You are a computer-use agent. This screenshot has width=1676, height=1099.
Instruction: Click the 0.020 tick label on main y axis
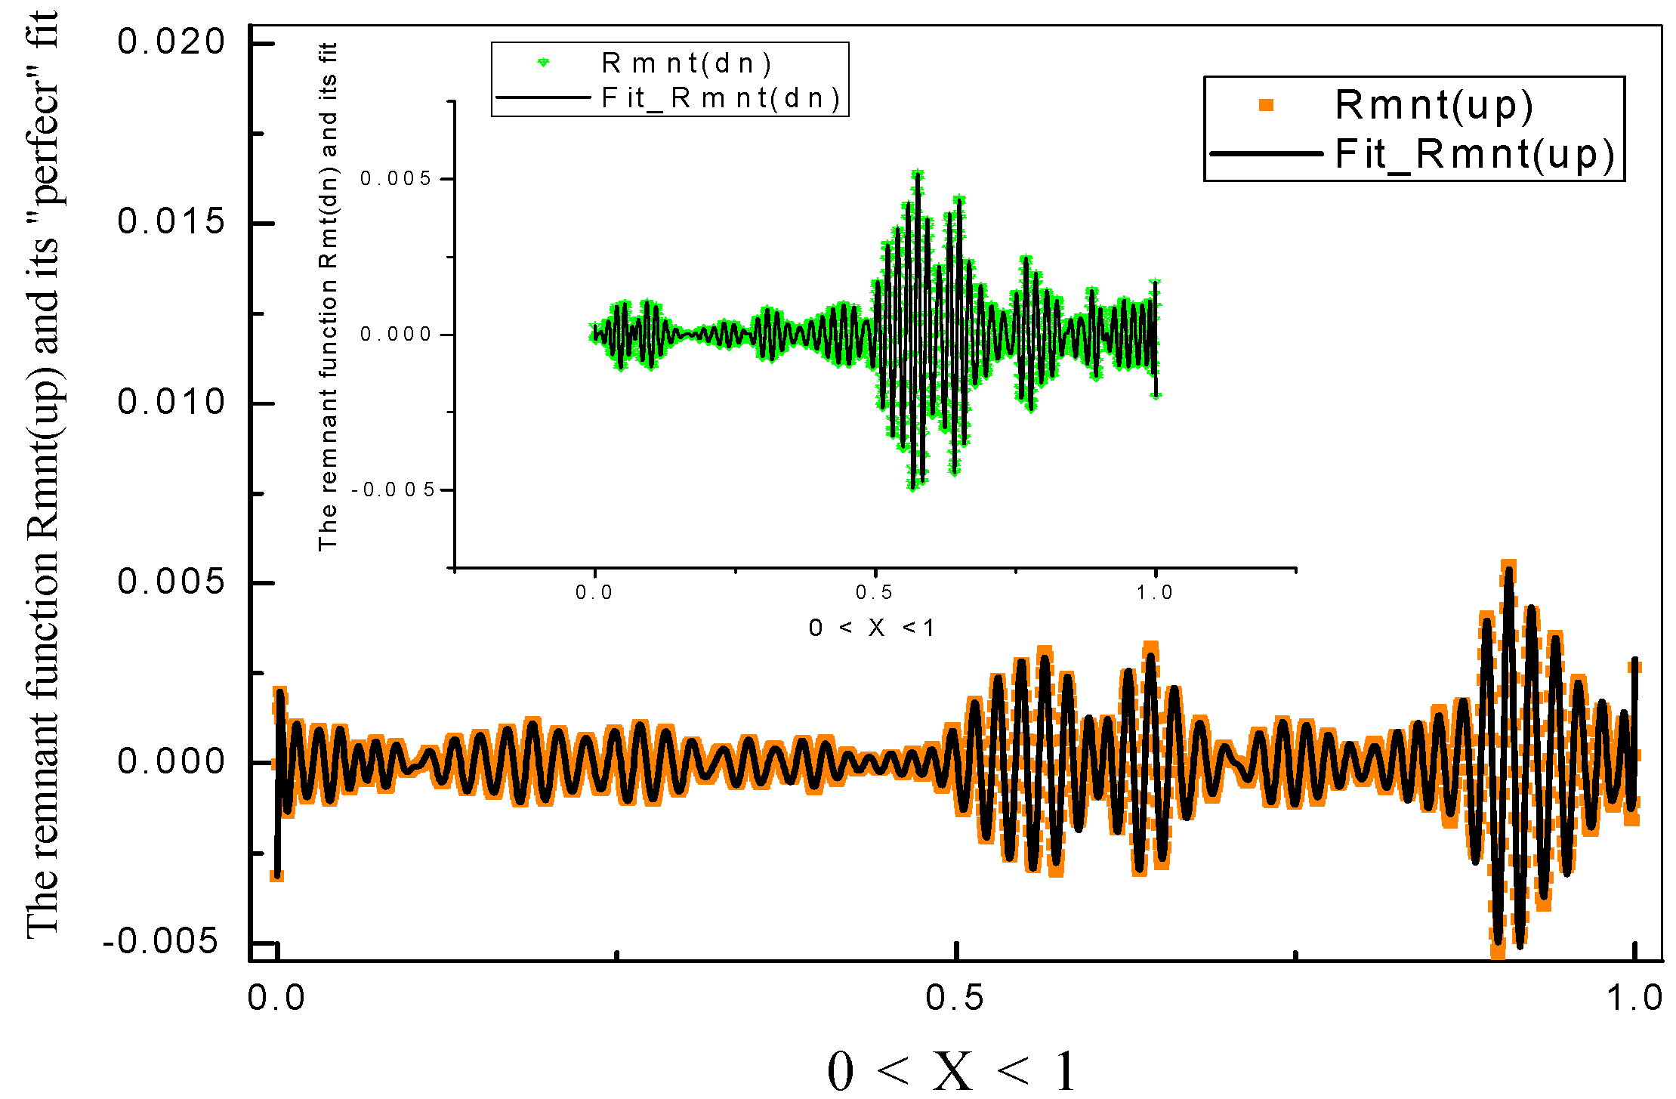pos(171,42)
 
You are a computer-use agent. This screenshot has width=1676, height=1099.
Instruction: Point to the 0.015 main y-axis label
pos(171,221)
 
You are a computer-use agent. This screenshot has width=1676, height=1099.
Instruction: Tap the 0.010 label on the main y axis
pos(171,402)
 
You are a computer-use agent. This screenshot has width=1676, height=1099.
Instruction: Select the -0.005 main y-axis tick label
pos(161,942)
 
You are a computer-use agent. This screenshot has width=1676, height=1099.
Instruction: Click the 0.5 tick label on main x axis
pos(955,999)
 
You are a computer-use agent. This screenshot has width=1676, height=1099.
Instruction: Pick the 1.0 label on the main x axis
pos(1634,999)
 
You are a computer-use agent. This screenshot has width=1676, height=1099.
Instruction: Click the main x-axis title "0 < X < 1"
pos(952,1071)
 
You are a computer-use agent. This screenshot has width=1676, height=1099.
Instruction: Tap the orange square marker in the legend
pos(1267,106)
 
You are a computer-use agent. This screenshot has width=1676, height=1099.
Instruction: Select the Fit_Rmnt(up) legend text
pos(1474,155)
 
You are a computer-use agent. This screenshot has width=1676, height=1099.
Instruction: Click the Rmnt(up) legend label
pos(1434,105)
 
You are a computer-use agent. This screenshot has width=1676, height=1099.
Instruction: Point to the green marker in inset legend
pos(543,63)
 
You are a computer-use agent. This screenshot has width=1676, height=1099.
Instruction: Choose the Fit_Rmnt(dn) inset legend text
pos(721,98)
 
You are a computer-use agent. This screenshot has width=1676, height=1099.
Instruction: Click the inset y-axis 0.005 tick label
pos(395,179)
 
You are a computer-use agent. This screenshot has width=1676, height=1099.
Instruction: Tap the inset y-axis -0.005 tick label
pos(394,490)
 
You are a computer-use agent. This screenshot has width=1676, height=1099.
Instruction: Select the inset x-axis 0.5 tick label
pos(875,593)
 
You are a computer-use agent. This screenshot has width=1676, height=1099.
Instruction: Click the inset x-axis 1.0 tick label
pos(1155,593)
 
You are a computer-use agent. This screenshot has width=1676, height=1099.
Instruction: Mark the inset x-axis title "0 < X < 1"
pos(872,628)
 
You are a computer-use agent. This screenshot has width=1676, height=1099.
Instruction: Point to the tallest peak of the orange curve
pos(1508,568)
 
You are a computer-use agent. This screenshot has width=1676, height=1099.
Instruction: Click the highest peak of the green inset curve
pos(918,174)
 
